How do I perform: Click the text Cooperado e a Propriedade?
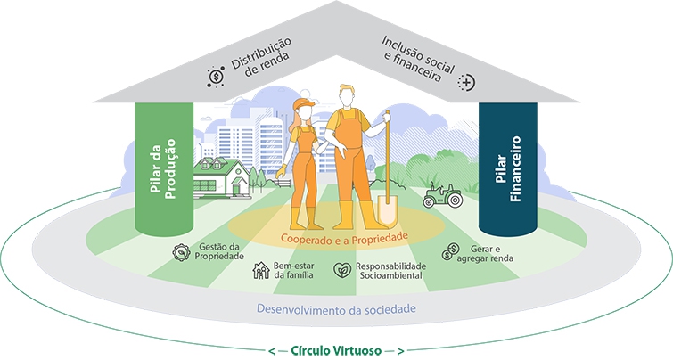coord(343,238)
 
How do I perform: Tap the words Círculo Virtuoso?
coord(336,349)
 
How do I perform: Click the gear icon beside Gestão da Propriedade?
coord(181,251)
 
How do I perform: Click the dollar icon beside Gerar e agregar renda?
coord(452,252)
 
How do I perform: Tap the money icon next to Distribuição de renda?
coord(216,77)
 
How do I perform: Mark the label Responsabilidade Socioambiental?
coord(390,271)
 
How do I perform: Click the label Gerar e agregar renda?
coord(488,252)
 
